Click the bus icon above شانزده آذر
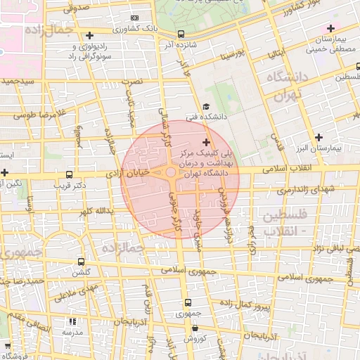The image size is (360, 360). pos(181,34)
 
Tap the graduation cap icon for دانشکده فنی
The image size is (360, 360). pos(206,106)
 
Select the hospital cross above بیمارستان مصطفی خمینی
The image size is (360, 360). pos(330,29)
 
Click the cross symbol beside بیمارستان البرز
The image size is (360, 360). pos(319,137)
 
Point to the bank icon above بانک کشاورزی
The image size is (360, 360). pos(135,18)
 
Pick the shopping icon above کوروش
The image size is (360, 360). pos(194,328)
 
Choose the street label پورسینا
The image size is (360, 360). pos(231,54)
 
